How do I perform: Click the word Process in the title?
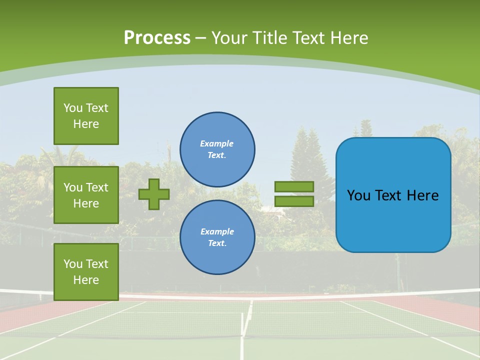point(157,38)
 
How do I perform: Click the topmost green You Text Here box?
point(86,116)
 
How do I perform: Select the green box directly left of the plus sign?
point(86,195)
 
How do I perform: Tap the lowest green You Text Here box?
point(86,272)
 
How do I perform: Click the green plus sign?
point(154,194)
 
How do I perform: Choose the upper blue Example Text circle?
point(217,149)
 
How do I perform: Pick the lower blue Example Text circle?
point(217,237)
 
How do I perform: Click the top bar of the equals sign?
point(294,186)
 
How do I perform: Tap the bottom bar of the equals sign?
point(294,201)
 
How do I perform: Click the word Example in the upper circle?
point(216,143)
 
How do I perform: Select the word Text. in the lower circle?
point(217,243)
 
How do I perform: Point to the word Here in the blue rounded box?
point(422,195)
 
